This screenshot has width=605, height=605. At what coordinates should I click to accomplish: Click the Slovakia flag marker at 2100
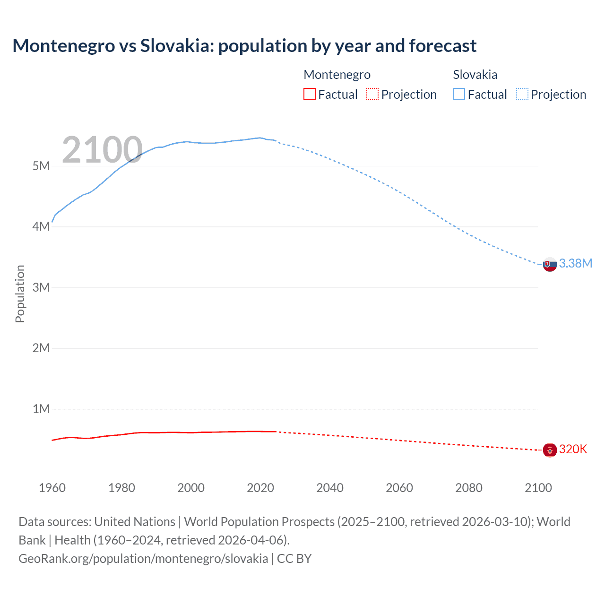point(550,264)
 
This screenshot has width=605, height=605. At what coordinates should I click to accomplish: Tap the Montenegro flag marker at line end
point(550,449)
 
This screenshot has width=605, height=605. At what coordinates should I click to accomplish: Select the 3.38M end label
point(575,263)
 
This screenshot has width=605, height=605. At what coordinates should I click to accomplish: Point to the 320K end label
point(573,449)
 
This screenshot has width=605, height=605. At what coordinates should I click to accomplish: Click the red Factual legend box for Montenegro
point(309,94)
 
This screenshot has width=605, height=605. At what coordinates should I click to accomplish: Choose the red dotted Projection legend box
point(372,94)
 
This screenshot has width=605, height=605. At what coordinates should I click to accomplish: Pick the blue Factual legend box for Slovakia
point(458,94)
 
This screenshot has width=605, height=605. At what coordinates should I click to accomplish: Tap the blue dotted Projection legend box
point(522,94)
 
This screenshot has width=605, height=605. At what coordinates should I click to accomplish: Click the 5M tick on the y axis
point(41,166)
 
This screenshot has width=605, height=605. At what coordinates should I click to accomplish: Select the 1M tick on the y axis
point(41,409)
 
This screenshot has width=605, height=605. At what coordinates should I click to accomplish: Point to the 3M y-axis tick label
point(41,287)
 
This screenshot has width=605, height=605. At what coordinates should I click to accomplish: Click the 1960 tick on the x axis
point(52,488)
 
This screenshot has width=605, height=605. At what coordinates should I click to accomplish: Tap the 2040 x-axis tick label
point(330,488)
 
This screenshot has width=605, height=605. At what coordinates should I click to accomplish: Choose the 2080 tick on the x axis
point(469,488)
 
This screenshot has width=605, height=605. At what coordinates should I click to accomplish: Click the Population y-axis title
point(20,294)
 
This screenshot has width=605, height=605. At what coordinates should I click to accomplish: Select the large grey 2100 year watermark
point(102,150)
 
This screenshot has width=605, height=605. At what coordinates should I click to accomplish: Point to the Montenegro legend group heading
point(337,75)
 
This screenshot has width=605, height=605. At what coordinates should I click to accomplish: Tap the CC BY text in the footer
point(294,558)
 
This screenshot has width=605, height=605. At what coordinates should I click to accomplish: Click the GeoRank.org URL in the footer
point(143,558)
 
